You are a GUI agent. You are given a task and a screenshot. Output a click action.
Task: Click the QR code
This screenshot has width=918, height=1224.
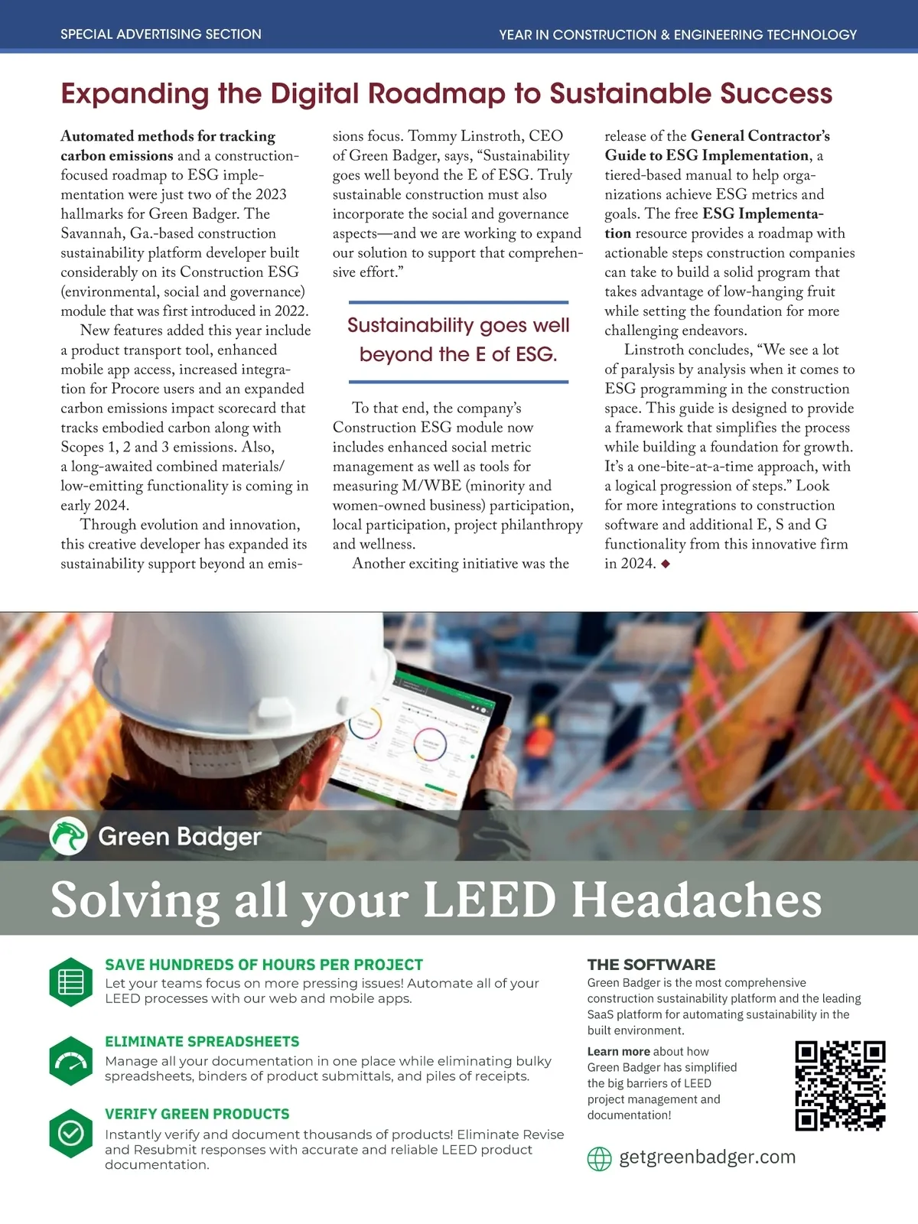[x=840, y=1086]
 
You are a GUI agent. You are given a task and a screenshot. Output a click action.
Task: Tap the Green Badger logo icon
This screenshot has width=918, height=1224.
[x=68, y=836]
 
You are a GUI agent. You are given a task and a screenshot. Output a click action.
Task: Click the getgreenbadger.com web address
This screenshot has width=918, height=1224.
[x=707, y=1157]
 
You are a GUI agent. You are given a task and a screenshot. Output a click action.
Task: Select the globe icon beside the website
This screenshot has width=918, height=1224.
[x=599, y=1159]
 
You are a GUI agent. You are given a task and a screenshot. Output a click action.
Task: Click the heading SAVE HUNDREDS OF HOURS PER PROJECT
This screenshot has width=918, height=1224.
[x=264, y=965]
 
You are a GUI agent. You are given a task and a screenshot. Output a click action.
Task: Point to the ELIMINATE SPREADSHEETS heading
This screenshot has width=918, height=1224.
[x=202, y=1041]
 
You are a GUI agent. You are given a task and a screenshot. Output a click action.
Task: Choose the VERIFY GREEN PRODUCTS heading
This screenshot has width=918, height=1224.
[x=197, y=1114]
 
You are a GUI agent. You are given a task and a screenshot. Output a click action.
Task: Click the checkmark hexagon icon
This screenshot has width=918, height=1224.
[x=70, y=1133]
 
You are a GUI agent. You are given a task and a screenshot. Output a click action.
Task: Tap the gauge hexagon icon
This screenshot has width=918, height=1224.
[x=70, y=1061]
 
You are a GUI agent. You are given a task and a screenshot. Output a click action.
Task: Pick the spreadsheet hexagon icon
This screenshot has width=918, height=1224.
[x=70, y=981]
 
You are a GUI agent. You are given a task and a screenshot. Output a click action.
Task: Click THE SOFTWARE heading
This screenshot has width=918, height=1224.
[x=651, y=965]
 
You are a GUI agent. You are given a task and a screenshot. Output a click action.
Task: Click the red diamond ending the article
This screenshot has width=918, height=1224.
[x=666, y=564]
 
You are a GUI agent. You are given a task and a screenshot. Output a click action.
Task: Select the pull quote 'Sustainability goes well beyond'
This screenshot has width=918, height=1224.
[x=458, y=340]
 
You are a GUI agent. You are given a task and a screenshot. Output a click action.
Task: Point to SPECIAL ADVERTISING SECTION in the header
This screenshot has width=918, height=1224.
[x=161, y=34]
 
